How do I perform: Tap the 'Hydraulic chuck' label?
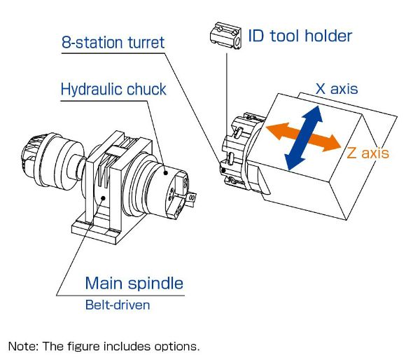113,90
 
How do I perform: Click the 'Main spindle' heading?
134,283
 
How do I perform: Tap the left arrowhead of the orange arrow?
275,130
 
